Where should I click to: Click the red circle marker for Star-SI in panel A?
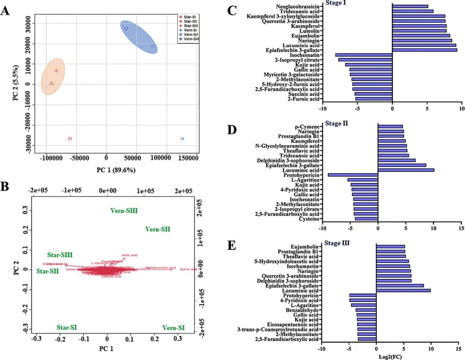click(x=70, y=139)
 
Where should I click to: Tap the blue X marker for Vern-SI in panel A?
click(x=183, y=139)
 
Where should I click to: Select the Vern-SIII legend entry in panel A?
click(x=192, y=39)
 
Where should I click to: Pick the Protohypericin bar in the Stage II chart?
click(x=353, y=175)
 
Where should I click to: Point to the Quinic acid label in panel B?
click(x=188, y=269)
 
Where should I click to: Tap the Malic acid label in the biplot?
click(x=129, y=255)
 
